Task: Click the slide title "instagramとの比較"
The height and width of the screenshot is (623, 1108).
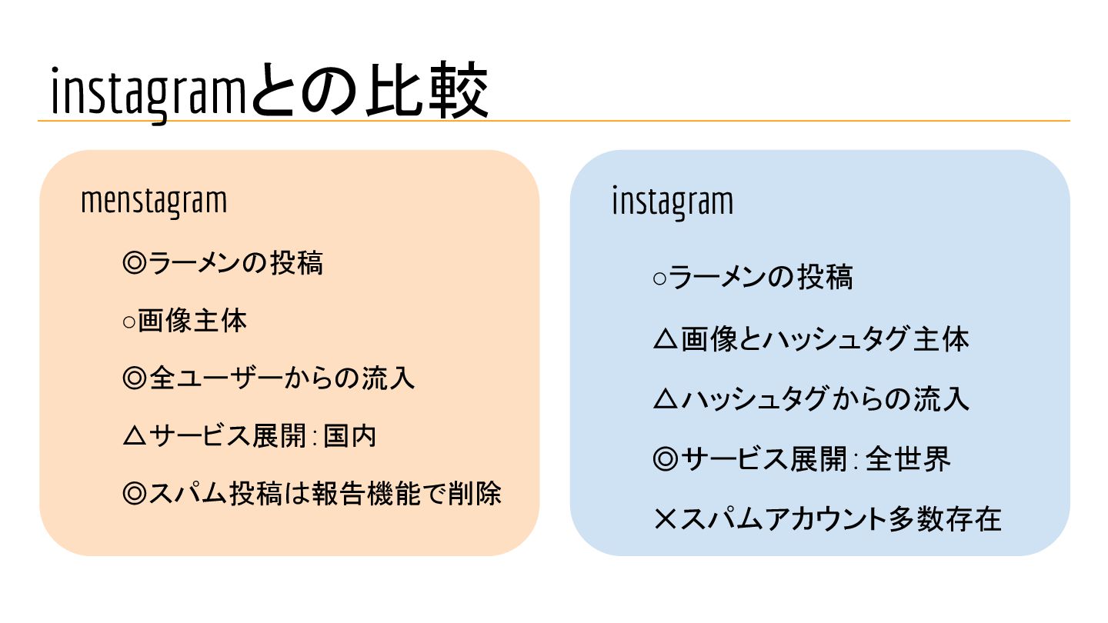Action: point(269,92)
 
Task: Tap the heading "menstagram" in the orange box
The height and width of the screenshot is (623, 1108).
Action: point(154,202)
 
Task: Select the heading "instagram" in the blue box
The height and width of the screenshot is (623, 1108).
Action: point(672,202)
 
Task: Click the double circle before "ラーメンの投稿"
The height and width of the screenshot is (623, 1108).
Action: point(135,264)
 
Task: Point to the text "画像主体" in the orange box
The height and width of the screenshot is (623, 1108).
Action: point(193,321)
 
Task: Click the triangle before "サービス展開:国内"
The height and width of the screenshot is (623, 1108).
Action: point(135,437)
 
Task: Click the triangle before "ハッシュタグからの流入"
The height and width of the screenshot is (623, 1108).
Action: point(664,399)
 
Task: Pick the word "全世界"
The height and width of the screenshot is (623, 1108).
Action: point(908,460)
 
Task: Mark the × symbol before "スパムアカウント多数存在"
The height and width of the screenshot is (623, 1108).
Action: point(664,521)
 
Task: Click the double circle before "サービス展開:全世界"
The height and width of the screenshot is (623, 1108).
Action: point(664,460)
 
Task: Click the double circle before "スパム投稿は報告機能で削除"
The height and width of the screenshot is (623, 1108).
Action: point(135,495)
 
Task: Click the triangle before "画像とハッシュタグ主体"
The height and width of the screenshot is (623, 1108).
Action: point(664,339)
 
